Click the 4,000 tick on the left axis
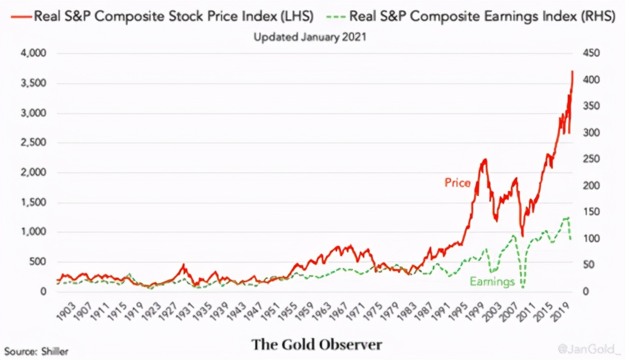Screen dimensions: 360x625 [x=34, y=53]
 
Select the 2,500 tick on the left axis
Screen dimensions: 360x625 [x=34, y=143]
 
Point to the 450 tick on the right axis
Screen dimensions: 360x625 [x=591, y=53]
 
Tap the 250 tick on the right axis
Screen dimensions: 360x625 [x=591, y=159]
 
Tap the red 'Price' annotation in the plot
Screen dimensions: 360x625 [x=457, y=183]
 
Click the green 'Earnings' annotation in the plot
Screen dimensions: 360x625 [x=492, y=282]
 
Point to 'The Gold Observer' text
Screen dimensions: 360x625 [x=317, y=344]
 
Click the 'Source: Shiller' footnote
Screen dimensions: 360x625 [x=36, y=351]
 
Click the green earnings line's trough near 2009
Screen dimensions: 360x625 [x=522, y=287]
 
